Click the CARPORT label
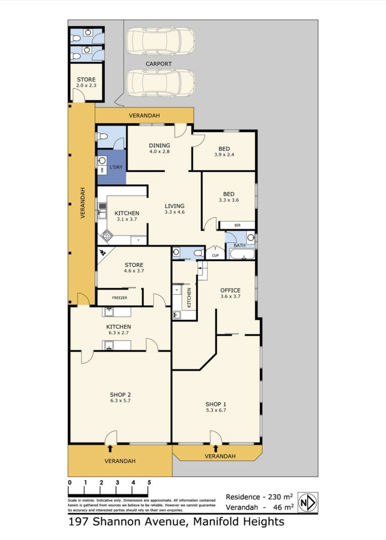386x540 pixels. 159,64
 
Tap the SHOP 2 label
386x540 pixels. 120,395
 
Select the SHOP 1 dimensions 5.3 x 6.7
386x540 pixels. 216,410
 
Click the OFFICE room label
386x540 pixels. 230,290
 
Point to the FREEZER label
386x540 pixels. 120,298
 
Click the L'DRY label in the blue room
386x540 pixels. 116,167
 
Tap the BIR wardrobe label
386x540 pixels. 237,225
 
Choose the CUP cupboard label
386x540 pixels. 215,256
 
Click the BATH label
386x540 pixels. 240,245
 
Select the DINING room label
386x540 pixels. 159,145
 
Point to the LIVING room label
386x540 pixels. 175,206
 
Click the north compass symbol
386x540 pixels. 308,502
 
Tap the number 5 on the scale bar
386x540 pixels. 149,483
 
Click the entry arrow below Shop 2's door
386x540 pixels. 110,448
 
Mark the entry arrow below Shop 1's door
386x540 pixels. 216,448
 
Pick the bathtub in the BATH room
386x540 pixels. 242,254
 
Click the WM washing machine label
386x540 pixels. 102,170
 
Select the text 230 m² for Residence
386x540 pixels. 280,496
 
